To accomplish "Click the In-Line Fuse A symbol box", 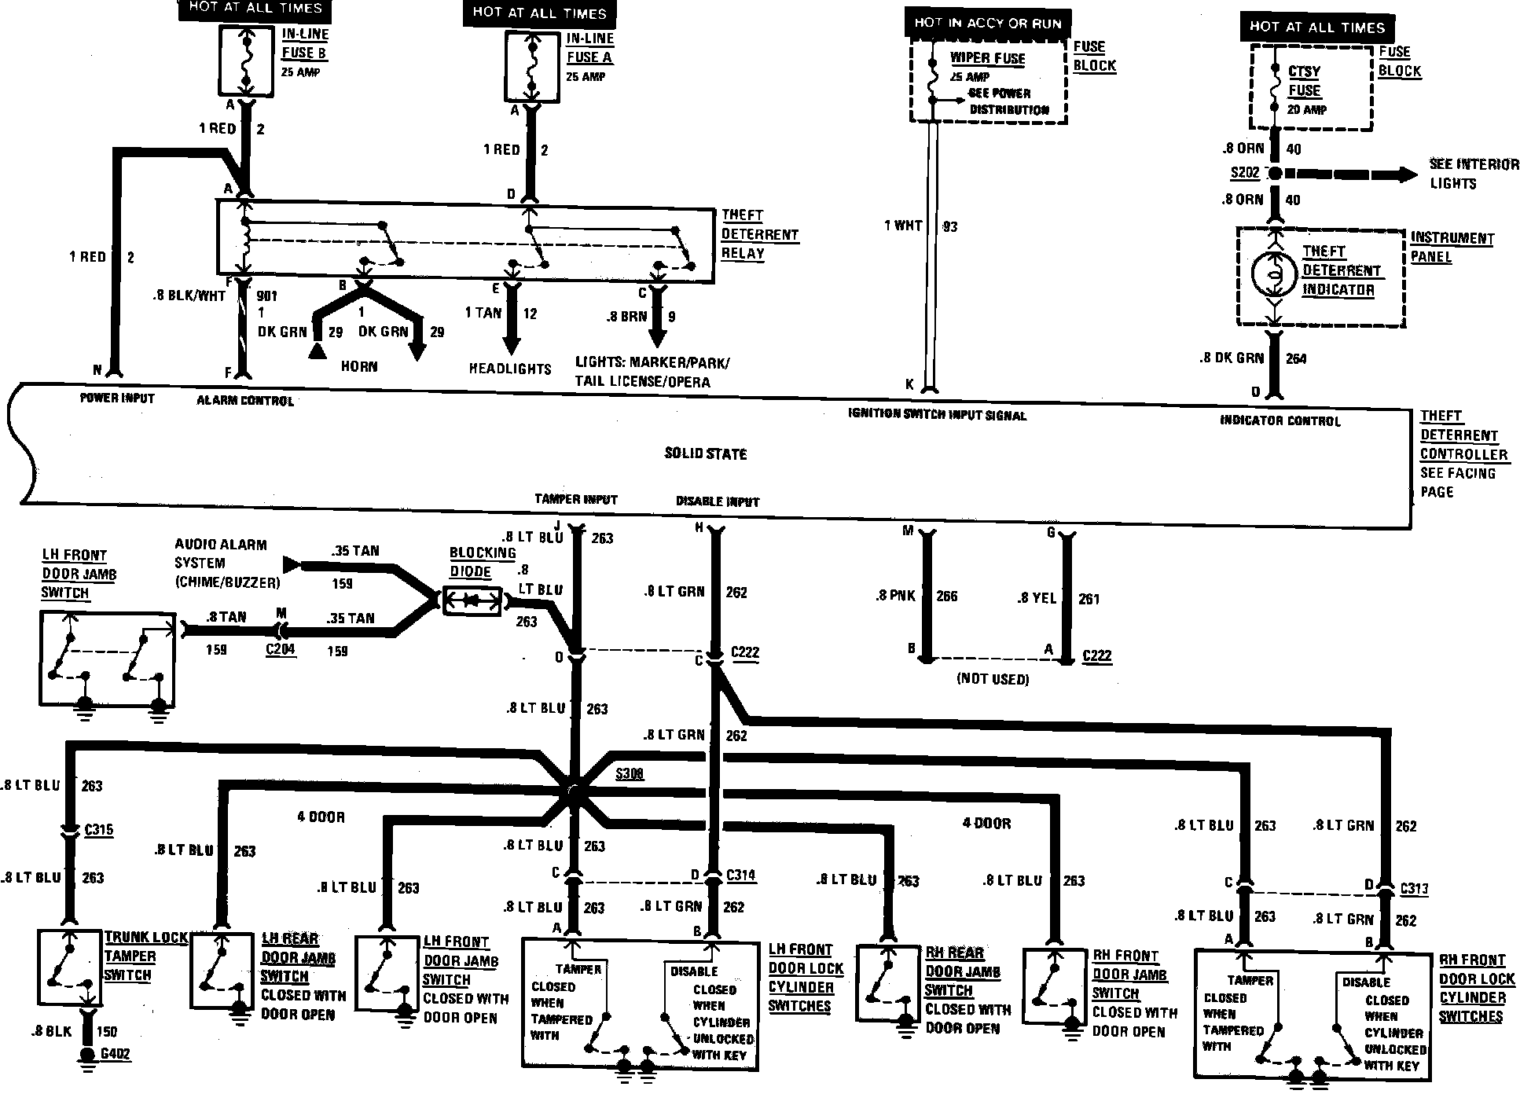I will click(x=532, y=66).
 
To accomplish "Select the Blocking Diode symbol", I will click(x=472, y=600).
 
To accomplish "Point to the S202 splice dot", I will click(x=1275, y=173).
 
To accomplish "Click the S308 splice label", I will click(x=630, y=773).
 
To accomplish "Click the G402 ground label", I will click(x=115, y=1054).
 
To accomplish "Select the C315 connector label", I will click(x=99, y=830).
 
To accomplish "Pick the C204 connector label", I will click(x=281, y=650).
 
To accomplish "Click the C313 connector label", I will click(x=1413, y=889).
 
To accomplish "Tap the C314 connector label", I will click(x=741, y=875).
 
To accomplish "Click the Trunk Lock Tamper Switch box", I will click(x=70, y=967).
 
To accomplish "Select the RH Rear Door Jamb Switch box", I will click(x=888, y=982).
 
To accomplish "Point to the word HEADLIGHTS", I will click(x=510, y=368).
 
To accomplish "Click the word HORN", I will click(x=359, y=366).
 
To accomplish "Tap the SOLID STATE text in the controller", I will click(x=706, y=453).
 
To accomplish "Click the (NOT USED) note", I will click(x=993, y=679).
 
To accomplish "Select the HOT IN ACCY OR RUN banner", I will click(x=988, y=24).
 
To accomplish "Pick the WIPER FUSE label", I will click(x=987, y=58).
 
